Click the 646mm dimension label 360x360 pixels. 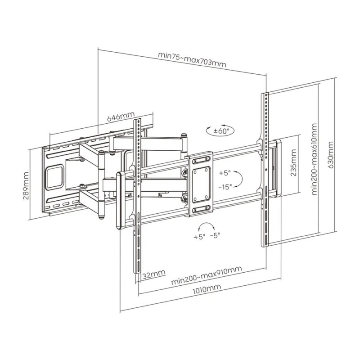[x=121, y=117]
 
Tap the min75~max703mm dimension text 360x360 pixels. [x=192, y=60]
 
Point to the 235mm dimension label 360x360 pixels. [x=293, y=162]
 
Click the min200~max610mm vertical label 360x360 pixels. [x=314, y=159]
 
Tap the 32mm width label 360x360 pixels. [x=154, y=274]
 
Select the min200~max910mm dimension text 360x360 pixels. [x=207, y=275]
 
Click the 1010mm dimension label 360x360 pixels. [x=207, y=289]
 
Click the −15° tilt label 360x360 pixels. [x=225, y=187]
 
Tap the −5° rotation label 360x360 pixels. [x=215, y=235]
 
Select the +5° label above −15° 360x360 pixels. [x=225, y=173]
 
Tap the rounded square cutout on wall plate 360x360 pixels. [x=54, y=176]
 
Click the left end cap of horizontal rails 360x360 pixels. [x=121, y=200]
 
